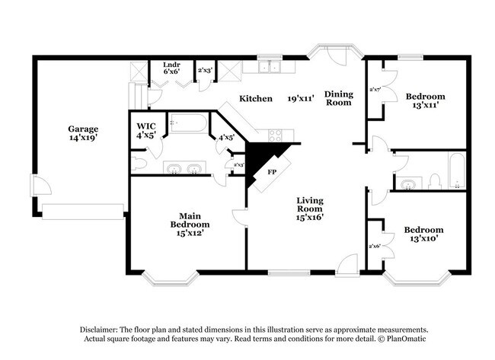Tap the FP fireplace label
click(272, 172)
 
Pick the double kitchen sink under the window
click(267, 68)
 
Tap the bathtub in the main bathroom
click(187, 125)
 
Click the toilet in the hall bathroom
click(433, 181)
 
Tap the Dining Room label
click(338, 98)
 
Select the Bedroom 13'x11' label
click(425, 101)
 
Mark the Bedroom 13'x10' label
click(423, 234)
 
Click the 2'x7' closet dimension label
click(375, 90)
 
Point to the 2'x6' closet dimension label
click(375, 246)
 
